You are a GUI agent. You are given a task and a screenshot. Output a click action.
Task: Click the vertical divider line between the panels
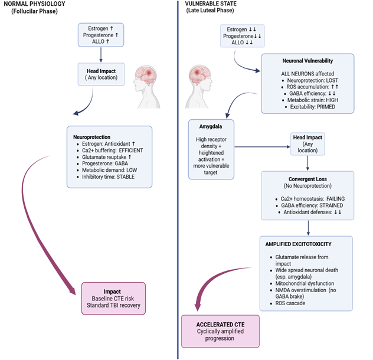[178, 177]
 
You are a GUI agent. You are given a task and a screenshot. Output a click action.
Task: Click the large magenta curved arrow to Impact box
[50, 236]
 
